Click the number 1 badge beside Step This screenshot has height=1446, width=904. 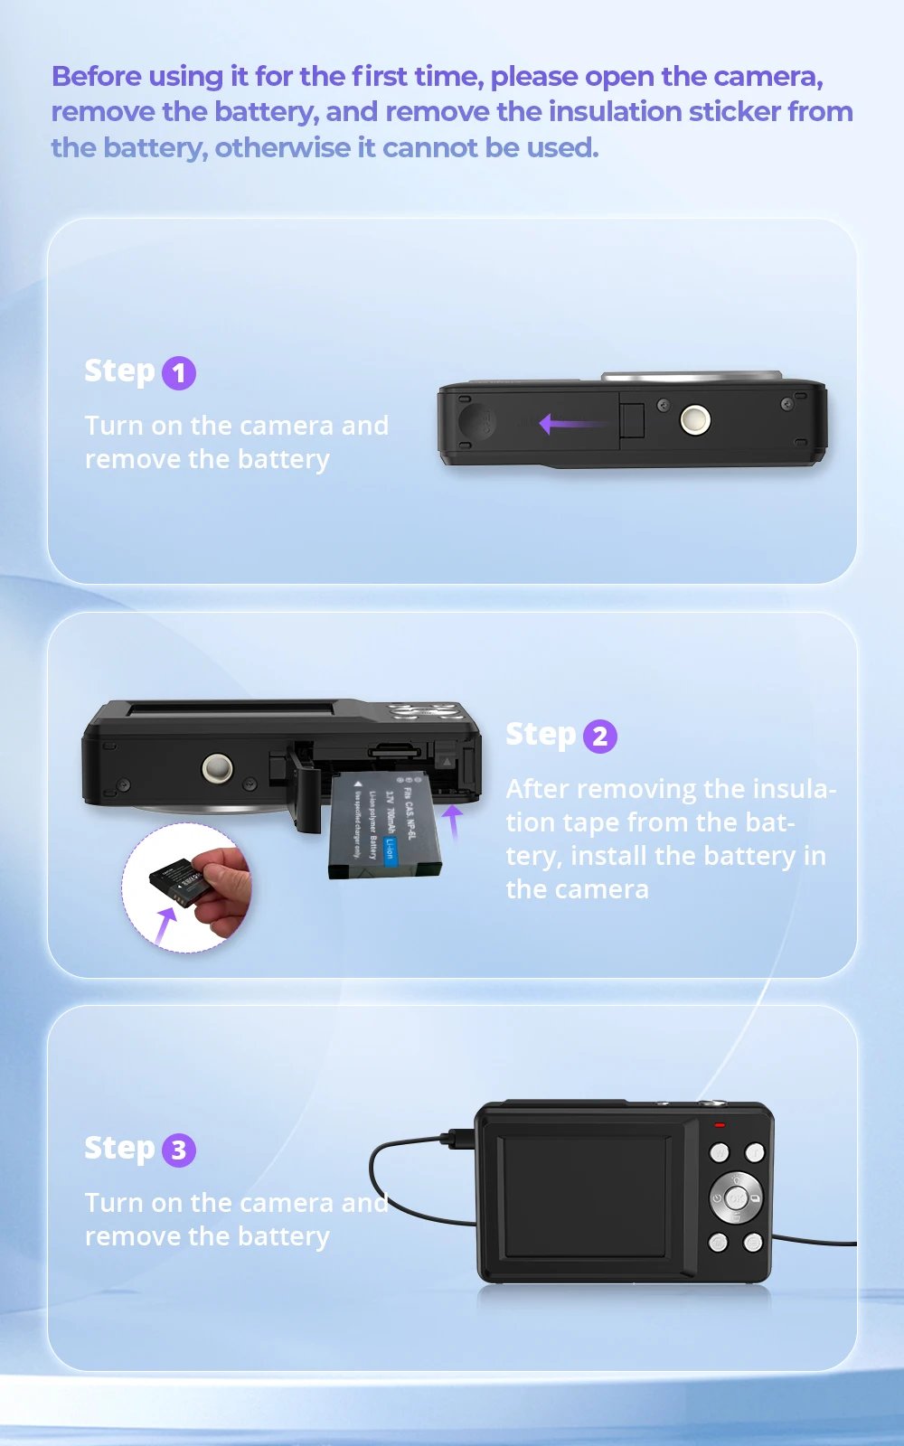click(x=179, y=372)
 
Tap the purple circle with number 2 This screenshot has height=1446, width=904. click(x=599, y=736)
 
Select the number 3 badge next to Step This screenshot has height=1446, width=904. click(x=179, y=1150)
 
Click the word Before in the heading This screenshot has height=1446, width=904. click(x=96, y=77)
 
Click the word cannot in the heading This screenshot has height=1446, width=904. click(x=429, y=147)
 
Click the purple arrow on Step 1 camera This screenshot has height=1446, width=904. click(x=570, y=423)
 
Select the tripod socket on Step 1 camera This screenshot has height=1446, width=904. click(x=694, y=419)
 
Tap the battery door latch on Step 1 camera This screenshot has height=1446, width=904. click(x=632, y=420)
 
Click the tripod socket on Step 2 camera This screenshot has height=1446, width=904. click(x=217, y=768)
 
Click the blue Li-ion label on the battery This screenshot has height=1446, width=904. click(x=391, y=850)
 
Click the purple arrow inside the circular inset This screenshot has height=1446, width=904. click(x=165, y=925)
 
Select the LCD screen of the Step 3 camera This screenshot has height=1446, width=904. click(x=585, y=1195)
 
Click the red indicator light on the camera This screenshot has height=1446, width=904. click(x=720, y=1125)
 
